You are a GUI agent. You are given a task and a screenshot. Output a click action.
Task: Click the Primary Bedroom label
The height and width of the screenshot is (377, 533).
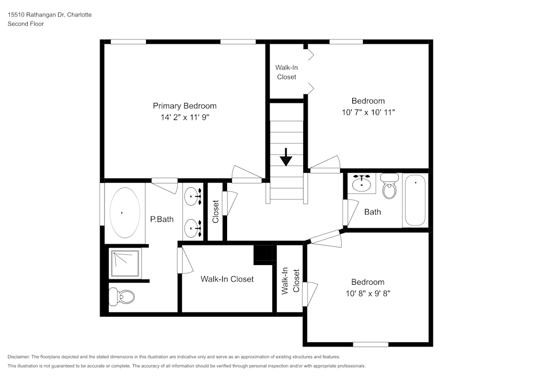(x=184, y=106)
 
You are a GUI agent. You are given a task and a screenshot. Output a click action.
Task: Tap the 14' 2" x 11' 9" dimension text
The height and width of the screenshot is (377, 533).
(x=184, y=117)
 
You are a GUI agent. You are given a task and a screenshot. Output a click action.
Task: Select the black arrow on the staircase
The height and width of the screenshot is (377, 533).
(x=286, y=157)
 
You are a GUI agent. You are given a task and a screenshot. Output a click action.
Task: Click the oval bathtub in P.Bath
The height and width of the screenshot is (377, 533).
(x=125, y=212)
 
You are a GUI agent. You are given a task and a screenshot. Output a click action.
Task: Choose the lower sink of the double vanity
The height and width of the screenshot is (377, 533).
(x=193, y=228)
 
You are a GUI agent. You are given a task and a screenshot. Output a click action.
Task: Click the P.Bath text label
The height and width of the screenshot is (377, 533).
(x=161, y=219)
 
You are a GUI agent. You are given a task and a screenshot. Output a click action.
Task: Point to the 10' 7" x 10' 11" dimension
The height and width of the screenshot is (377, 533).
(x=368, y=112)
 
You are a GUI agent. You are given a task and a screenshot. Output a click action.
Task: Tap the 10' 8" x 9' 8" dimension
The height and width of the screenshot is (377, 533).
(x=367, y=293)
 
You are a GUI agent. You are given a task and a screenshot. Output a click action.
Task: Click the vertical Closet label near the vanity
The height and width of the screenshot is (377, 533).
(x=215, y=211)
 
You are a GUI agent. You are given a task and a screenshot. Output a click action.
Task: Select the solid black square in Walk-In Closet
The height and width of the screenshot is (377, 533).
(x=262, y=254)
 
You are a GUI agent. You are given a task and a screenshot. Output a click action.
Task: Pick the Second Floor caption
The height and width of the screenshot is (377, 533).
(x=26, y=24)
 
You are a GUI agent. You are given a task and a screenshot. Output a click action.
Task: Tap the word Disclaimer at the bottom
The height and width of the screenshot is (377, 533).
(x=19, y=357)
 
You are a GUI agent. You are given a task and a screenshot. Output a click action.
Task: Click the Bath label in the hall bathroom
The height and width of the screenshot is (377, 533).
(x=373, y=212)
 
